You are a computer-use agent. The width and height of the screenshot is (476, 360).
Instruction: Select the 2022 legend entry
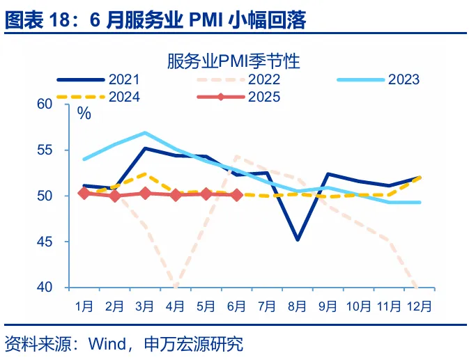tap(264, 79)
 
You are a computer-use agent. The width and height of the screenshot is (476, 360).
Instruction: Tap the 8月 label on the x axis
tap(298, 306)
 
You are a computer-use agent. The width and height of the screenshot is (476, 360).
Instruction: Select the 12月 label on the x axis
tap(420, 306)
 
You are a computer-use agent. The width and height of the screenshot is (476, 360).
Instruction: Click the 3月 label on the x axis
tap(145, 306)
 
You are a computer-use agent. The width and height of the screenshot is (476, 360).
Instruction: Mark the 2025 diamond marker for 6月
tap(236, 195)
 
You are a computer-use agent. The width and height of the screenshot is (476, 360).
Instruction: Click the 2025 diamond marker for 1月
tap(84, 194)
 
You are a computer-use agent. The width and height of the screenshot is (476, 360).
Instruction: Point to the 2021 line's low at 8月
tap(298, 240)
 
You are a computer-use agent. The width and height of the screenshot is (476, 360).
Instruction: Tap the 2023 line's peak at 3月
tap(145, 132)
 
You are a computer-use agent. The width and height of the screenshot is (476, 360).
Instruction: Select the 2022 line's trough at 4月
tap(176, 286)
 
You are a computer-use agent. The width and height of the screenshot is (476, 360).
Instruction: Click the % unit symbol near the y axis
tap(84, 114)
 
